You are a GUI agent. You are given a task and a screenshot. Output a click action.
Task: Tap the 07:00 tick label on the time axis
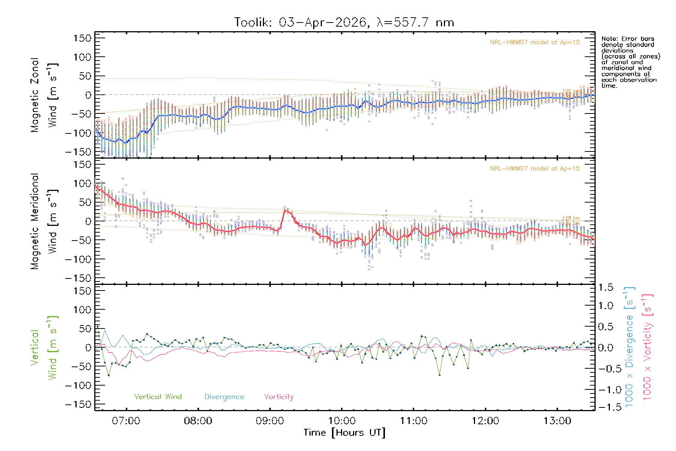click(126, 421)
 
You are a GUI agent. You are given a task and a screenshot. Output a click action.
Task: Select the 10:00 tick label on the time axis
click(341, 421)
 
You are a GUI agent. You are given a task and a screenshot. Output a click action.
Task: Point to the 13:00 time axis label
click(557, 421)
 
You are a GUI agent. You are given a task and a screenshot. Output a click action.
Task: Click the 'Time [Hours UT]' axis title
click(344, 433)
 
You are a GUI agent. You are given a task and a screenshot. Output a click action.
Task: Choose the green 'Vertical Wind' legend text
click(158, 397)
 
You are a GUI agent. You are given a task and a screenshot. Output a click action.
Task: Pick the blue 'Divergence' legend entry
click(224, 397)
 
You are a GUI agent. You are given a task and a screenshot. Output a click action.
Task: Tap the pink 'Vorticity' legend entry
click(279, 397)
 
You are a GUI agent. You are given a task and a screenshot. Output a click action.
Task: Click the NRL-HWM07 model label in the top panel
click(535, 42)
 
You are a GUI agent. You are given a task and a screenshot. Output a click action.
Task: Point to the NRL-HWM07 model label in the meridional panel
click(535, 169)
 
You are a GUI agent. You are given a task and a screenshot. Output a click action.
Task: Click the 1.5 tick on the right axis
click(605, 288)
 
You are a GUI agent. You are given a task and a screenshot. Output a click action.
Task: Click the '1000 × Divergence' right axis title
click(629, 347)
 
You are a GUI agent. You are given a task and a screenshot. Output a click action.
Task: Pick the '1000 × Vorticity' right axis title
click(647, 347)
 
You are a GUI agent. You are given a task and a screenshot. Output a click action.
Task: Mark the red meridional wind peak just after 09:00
click(286, 211)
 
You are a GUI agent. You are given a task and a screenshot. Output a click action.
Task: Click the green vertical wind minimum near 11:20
click(439, 375)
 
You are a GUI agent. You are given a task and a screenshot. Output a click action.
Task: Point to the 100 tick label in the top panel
click(82, 57)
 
